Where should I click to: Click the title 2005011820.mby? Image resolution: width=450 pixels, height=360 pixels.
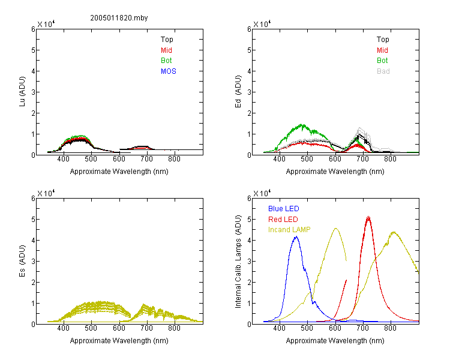[119, 18]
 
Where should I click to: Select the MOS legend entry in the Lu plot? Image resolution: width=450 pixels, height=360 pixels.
[169, 71]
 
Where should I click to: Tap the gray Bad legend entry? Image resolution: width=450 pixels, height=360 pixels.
[383, 71]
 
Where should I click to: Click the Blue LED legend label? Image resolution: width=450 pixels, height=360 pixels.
[284, 209]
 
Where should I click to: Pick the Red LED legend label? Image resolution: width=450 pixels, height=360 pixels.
[283, 220]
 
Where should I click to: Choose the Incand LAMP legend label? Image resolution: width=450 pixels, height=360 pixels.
[289, 230]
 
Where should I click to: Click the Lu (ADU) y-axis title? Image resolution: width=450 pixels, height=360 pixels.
[22, 92]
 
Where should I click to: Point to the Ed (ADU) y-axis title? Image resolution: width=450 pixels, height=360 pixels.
[238, 92]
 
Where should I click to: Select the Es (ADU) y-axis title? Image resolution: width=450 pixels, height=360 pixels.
[22, 261]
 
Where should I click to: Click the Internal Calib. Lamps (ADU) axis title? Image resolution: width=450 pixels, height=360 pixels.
[238, 262]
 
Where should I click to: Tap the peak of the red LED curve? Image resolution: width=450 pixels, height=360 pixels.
[368, 217]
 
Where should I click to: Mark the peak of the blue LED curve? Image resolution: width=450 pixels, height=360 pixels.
[296, 236]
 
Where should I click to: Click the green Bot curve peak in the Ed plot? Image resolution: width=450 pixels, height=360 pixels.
[302, 124]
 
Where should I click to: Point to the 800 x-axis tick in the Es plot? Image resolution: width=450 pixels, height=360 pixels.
[174, 328]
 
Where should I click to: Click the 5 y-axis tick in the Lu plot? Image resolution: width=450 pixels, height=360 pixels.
[33, 50]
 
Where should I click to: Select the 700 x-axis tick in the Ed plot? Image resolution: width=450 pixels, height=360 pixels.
[362, 159]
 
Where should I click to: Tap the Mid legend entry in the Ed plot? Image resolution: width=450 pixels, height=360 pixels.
[382, 50]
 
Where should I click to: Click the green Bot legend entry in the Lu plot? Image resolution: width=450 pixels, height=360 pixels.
[166, 61]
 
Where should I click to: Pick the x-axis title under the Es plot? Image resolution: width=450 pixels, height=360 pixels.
[119, 341]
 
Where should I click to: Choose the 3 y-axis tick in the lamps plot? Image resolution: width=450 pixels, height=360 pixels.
[249, 261]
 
